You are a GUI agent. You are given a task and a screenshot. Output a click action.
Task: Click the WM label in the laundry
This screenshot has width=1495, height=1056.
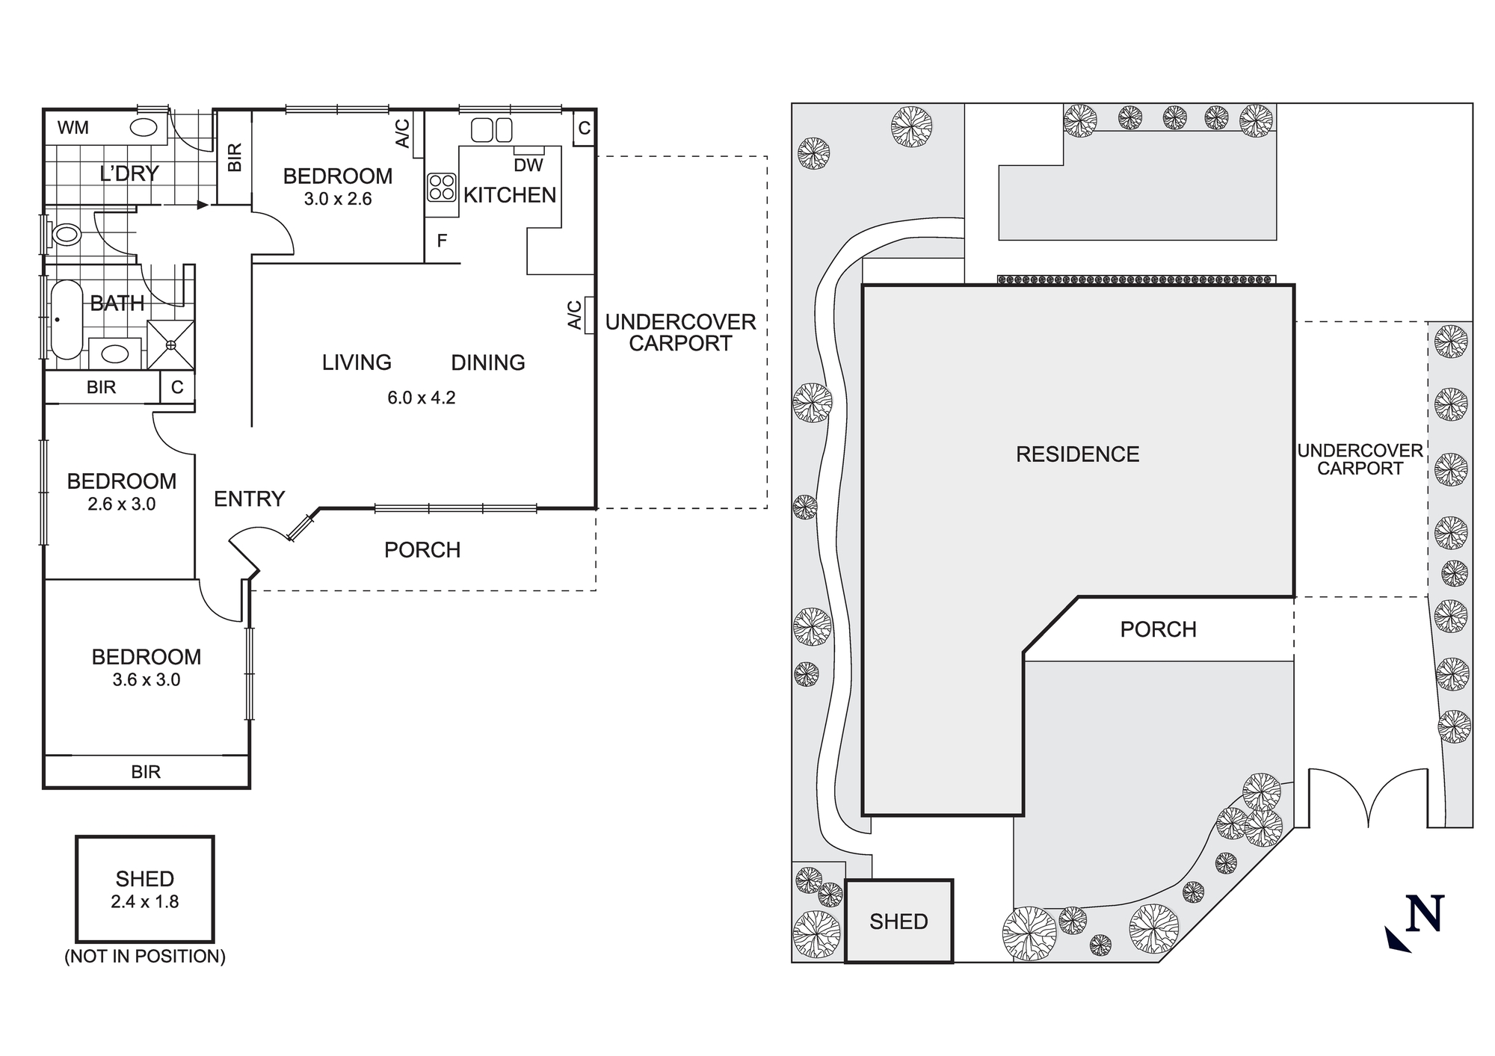pyautogui.click(x=73, y=128)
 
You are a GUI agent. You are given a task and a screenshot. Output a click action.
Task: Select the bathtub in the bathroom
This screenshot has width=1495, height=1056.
pyautogui.click(x=66, y=320)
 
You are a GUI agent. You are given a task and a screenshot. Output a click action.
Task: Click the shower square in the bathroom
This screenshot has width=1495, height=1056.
pyautogui.click(x=171, y=345)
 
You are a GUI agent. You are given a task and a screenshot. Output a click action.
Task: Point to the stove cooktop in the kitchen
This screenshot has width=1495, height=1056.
pyautogui.click(x=442, y=187)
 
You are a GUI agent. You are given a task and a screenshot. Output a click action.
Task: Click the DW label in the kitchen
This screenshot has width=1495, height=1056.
pyautogui.click(x=528, y=165)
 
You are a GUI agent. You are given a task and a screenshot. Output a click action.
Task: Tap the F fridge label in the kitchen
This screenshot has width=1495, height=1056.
pyautogui.click(x=442, y=241)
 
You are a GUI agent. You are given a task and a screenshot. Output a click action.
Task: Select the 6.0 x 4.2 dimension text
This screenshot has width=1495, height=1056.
pyautogui.click(x=421, y=398)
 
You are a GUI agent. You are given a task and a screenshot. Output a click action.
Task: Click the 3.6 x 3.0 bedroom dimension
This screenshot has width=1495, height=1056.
pyautogui.click(x=147, y=680)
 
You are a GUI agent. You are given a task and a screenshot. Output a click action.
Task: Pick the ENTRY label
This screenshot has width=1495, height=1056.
pyautogui.click(x=249, y=498)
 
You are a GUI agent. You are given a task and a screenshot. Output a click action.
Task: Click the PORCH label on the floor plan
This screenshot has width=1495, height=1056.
pyautogui.click(x=422, y=550)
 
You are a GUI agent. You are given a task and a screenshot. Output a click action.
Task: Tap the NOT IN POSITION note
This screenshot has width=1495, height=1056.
pyautogui.click(x=145, y=956)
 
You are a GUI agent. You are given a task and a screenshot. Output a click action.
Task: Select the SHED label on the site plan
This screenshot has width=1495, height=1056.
pyautogui.click(x=898, y=921)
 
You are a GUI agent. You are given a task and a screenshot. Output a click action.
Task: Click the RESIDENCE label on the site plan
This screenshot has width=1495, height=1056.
pyautogui.click(x=1077, y=454)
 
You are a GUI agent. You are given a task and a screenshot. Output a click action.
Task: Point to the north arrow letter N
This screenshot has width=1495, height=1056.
pyautogui.click(x=1424, y=913)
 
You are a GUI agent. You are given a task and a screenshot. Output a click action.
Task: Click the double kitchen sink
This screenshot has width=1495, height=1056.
pyautogui.click(x=492, y=130)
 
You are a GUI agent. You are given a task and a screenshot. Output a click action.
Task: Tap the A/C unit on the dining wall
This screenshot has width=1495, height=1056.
pyautogui.click(x=589, y=315)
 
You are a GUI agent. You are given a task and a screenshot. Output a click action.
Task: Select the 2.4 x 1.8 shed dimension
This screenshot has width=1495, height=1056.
pyautogui.click(x=145, y=902)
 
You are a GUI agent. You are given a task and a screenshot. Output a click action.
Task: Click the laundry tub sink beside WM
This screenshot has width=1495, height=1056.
pyautogui.click(x=144, y=127)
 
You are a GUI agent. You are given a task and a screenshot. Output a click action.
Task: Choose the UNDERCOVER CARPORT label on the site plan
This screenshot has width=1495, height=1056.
pyautogui.click(x=1360, y=460)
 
